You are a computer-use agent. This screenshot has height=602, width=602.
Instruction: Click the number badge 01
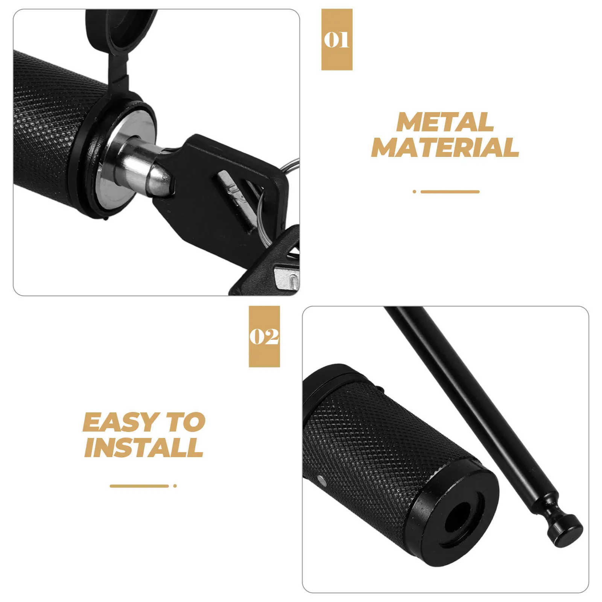[336, 40]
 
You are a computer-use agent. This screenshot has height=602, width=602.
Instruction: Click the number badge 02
[264, 336]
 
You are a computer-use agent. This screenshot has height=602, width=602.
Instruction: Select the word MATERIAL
[445, 147]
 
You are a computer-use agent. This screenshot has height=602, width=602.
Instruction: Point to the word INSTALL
[144, 447]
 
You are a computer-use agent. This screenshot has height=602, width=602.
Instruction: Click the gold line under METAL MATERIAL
[450, 192]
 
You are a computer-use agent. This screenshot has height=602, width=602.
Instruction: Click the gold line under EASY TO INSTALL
[139, 486]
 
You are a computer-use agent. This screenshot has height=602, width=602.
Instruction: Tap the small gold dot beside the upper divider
[414, 192]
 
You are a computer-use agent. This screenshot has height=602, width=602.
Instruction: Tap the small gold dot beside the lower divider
[175, 486]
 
